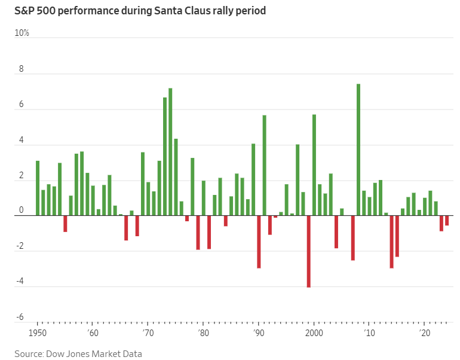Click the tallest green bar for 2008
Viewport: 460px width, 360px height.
click(x=358, y=150)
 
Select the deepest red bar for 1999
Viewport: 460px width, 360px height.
click(x=308, y=251)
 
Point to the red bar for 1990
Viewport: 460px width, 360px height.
click(x=259, y=242)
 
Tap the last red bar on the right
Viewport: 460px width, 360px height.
click(x=447, y=220)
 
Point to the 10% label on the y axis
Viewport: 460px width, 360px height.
click(x=22, y=33)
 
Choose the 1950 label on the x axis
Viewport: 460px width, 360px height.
click(x=38, y=332)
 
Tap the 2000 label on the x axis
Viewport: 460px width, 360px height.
click(x=314, y=332)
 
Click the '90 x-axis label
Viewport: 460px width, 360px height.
click(x=258, y=332)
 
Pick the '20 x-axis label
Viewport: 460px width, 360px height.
click(x=425, y=332)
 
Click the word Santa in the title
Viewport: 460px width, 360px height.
click(x=170, y=10)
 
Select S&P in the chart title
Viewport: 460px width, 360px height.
click(x=24, y=10)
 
